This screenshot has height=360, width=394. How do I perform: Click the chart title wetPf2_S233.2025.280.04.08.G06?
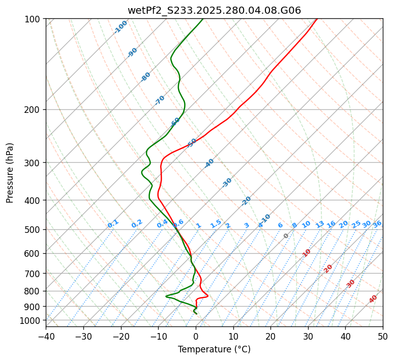click(x=214, y=10)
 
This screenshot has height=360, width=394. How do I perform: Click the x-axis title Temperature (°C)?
click(x=214, y=350)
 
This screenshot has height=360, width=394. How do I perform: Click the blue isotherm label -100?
click(x=120, y=27)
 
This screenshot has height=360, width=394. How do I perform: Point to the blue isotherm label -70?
click(x=160, y=100)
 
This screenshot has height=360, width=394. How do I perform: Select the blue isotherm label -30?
click(x=227, y=183)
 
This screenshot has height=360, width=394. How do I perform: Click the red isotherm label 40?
click(x=373, y=299)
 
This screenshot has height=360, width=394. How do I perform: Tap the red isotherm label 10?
click(x=307, y=253)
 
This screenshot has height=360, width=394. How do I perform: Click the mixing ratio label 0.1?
click(x=113, y=224)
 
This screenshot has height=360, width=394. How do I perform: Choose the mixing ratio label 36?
click(x=377, y=224)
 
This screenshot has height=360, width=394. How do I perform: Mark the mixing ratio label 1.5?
click(x=216, y=224)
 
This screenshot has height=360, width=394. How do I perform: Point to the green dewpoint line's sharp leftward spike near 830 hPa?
click(x=166, y=296)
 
